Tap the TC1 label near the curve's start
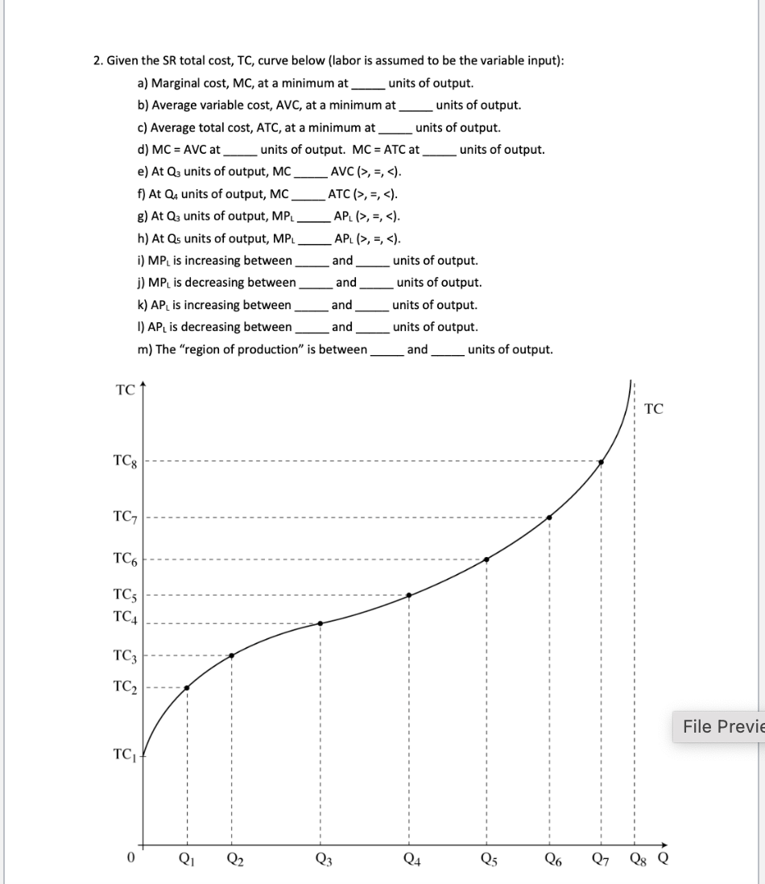(x=126, y=755)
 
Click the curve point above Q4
(x=409, y=595)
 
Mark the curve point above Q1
(x=187, y=688)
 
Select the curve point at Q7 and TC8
(x=601, y=462)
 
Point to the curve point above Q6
(x=549, y=518)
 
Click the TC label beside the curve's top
(x=654, y=409)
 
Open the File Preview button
(x=720, y=727)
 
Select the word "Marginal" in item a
(x=178, y=83)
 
